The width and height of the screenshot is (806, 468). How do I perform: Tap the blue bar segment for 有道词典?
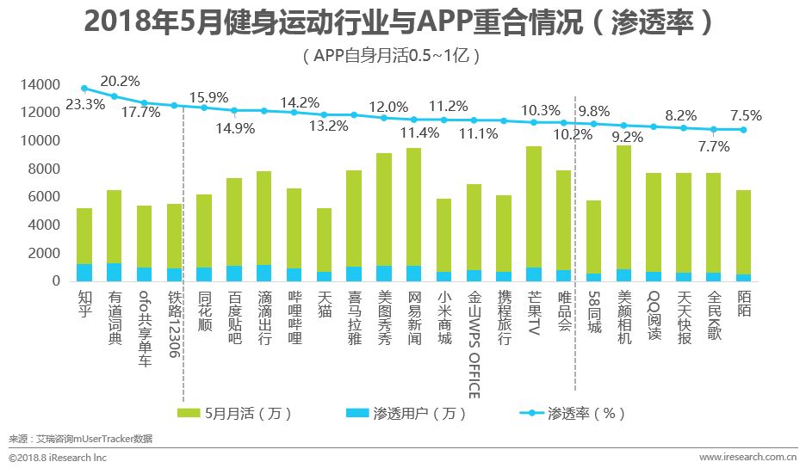pyautogui.click(x=115, y=272)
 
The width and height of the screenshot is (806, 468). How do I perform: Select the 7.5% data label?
pyautogui.click(x=745, y=116)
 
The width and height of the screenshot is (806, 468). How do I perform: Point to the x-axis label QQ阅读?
pyautogui.click(x=654, y=316)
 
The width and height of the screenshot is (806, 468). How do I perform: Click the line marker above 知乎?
pyautogui.click(x=84, y=88)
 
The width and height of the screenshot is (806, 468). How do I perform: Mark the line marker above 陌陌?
pyautogui.click(x=743, y=130)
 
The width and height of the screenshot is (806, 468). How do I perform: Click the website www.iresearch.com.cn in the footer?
pyautogui.click(x=746, y=458)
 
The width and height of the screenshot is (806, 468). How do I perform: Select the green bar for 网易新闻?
pyautogui.click(x=414, y=206)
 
